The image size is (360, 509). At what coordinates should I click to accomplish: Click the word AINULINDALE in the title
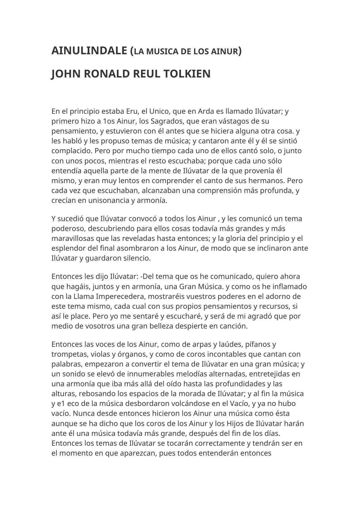[89, 51]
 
